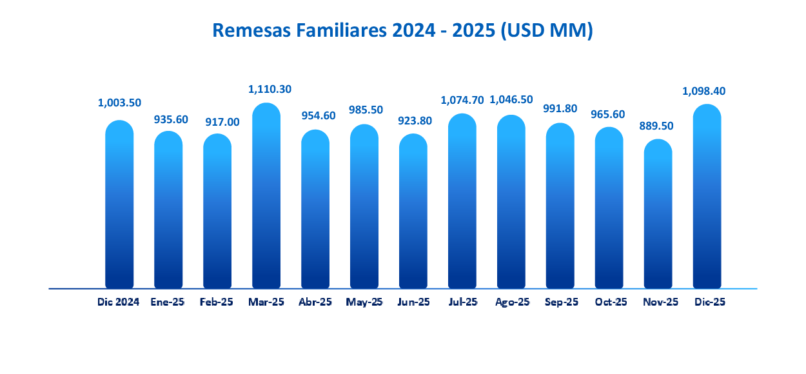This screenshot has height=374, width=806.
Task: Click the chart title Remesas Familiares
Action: pos(402,30)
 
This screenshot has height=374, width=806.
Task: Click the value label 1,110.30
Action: pos(266,89)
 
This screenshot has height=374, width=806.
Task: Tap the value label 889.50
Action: pos(658,126)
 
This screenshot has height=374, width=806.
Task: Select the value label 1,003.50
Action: pos(119,103)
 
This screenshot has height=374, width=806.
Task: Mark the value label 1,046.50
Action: pos(511,100)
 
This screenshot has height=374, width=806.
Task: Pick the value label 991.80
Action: pos(560,108)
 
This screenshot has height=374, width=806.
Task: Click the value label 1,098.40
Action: pos(704,91)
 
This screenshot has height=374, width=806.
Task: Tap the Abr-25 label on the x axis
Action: pos(315,302)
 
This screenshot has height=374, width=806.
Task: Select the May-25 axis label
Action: pos(364,302)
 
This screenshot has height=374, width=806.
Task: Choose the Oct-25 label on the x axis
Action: pos(611,302)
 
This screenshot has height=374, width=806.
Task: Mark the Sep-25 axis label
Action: pos(561,302)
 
